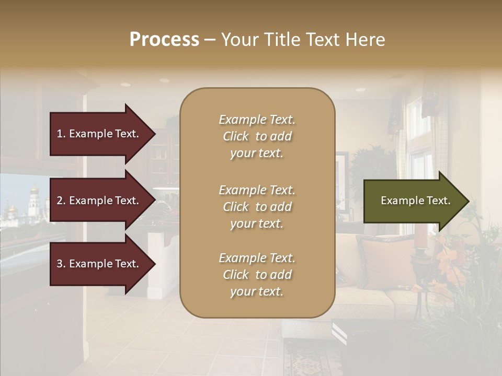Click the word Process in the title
164,40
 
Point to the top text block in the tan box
257,136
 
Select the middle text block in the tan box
257,207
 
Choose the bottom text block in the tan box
257,275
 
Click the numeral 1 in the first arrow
60,134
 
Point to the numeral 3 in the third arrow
60,264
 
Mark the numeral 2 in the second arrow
60,201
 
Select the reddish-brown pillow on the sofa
384,261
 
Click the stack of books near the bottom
340,333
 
